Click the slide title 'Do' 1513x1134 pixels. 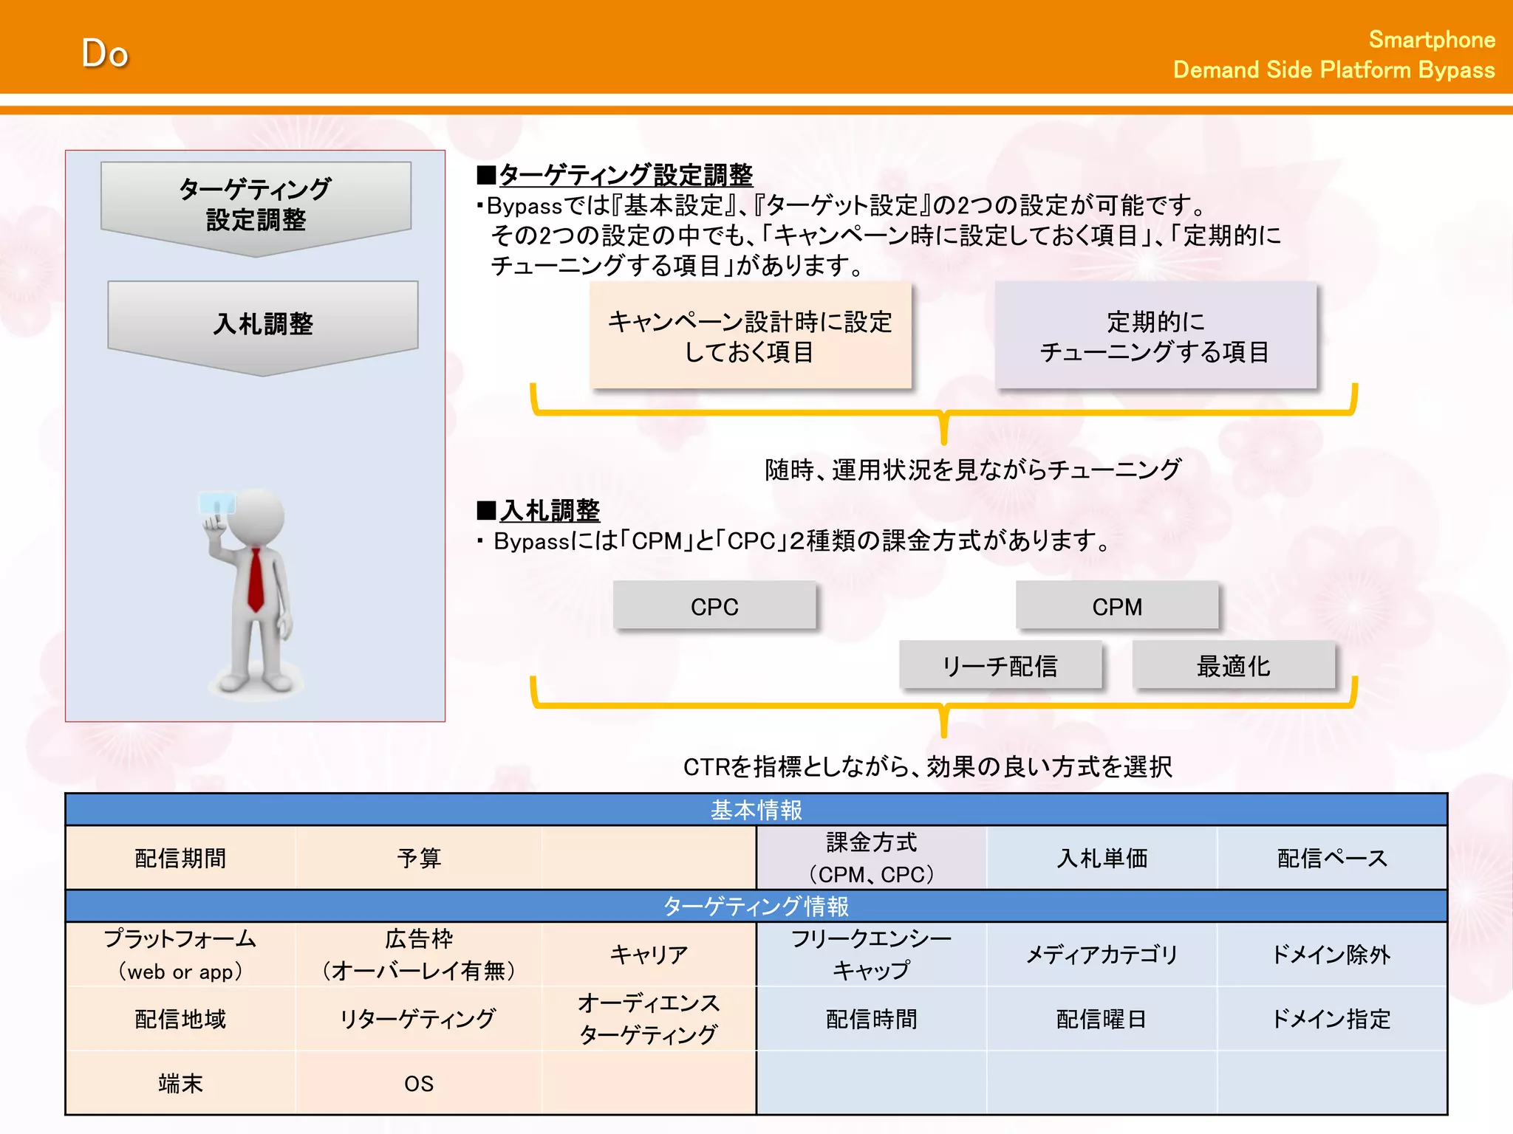point(105,54)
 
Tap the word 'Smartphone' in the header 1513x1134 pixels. point(1431,40)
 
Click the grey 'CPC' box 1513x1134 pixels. point(714,606)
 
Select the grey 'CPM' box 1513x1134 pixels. point(1116,606)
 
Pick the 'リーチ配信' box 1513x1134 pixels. point(1000,666)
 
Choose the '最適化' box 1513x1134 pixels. point(1233,666)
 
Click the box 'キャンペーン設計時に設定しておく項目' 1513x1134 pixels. point(750,336)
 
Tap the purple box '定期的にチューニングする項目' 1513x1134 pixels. point(1155,336)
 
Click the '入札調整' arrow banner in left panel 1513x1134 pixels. point(263,323)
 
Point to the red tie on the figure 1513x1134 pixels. point(256,580)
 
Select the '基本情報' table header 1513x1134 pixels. point(756,810)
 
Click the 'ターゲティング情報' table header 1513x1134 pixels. point(756,906)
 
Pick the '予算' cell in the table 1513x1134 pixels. point(419,858)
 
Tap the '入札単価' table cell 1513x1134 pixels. point(1102,858)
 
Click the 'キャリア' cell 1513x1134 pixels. point(649,955)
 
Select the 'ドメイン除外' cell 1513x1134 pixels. point(1331,955)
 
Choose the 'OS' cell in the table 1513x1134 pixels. point(419,1083)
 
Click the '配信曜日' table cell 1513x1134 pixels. point(1102,1019)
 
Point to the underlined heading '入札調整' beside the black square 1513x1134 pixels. point(550,510)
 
